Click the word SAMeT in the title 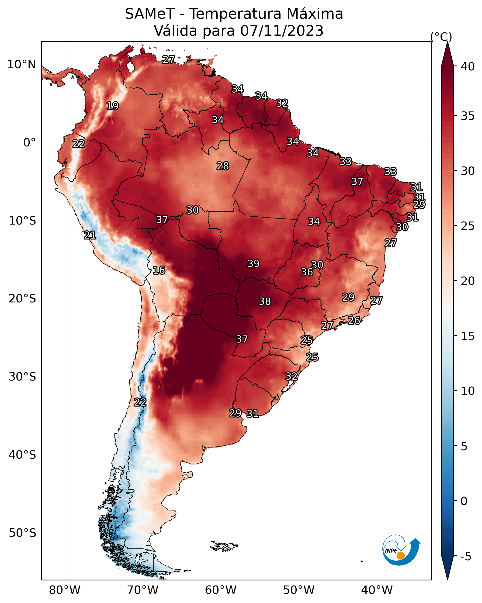(150, 14)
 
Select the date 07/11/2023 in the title (282, 31)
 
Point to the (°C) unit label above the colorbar (441, 37)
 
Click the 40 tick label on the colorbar (468, 66)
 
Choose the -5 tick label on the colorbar (466, 557)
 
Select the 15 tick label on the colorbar (468, 336)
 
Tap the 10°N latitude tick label (22, 65)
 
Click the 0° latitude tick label (30, 143)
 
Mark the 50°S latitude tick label (22, 533)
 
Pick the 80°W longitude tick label (65, 590)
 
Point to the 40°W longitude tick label (377, 590)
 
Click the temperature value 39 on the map (254, 263)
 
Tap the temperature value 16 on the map (159, 270)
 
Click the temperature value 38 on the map (265, 301)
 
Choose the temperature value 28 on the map (223, 166)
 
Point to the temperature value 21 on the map (90, 236)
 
